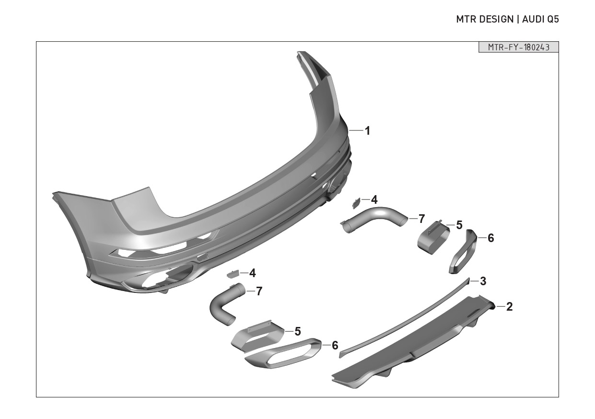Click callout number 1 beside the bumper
click(x=367, y=131)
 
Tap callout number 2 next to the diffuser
click(x=509, y=307)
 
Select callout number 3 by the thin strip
click(x=483, y=281)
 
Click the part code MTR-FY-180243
click(x=518, y=47)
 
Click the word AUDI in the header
click(x=533, y=19)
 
